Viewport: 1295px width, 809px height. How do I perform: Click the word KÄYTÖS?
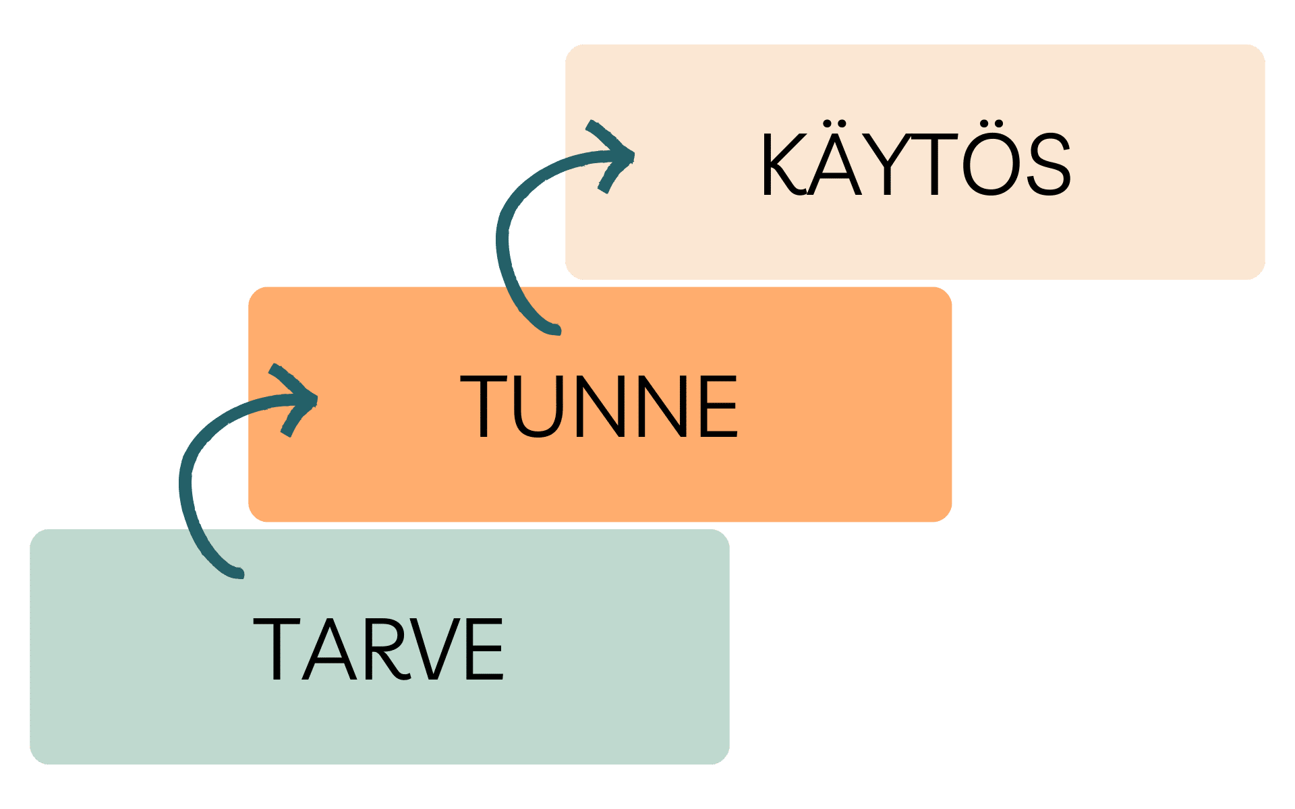coord(915,165)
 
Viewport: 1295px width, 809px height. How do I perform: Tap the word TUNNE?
coord(599,407)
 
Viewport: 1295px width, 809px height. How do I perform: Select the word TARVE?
coord(378,649)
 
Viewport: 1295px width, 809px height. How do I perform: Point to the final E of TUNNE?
coord(719,407)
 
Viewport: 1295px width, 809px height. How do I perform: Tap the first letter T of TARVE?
coord(275,649)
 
